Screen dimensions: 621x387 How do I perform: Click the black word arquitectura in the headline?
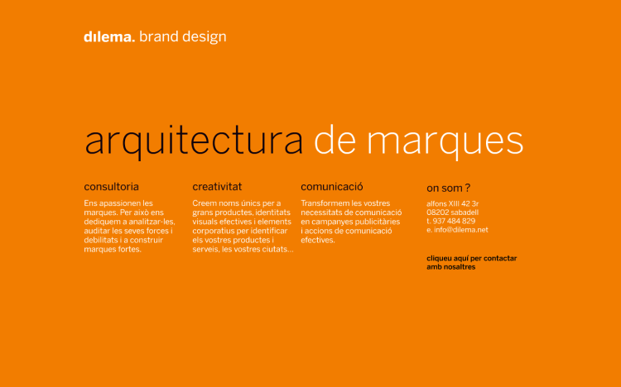click(x=194, y=142)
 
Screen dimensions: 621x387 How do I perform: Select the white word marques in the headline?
click(x=445, y=142)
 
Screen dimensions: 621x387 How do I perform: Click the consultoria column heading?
click(x=111, y=187)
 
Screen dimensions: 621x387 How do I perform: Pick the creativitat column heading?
click(x=217, y=187)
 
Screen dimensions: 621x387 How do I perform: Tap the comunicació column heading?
click(x=332, y=187)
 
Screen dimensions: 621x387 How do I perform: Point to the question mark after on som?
click(x=468, y=188)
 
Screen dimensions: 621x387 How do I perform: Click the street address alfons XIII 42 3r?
click(x=453, y=203)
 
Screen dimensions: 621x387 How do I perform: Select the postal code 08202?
click(x=438, y=213)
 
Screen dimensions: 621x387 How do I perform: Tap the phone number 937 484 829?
click(x=454, y=221)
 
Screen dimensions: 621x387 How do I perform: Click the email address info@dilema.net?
click(x=461, y=230)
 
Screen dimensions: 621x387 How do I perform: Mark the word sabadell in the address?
click(x=465, y=213)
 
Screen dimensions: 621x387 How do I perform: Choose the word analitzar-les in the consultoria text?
click(x=151, y=222)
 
